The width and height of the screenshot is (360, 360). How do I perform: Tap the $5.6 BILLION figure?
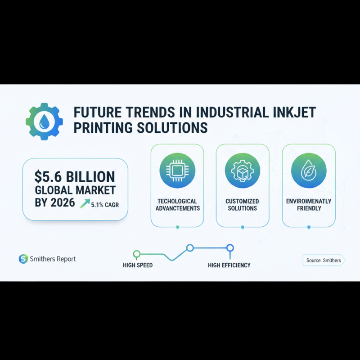click(75, 176)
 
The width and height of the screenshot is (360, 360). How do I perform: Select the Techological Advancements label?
click(177, 205)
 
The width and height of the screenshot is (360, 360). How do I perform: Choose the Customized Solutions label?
click(243, 205)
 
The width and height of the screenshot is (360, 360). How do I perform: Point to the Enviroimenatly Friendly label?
click(309, 205)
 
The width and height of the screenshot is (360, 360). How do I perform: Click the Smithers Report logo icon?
click(23, 259)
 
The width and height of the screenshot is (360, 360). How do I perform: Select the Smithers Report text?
click(53, 259)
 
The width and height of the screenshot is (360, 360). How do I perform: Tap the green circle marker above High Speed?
click(137, 254)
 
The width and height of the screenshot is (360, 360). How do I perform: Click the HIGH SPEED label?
click(138, 265)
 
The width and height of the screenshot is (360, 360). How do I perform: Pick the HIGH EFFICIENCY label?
click(229, 265)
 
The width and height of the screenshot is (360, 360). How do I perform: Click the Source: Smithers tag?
click(323, 260)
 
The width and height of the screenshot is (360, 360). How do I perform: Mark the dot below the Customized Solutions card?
click(243, 227)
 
